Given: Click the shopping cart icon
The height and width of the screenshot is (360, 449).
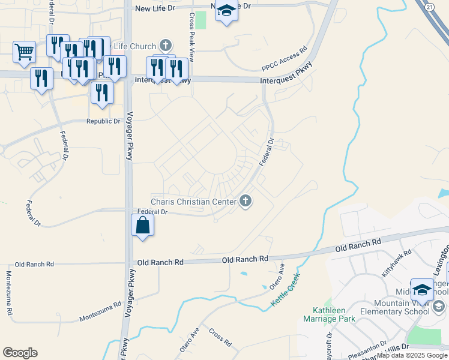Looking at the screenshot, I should tap(23, 52).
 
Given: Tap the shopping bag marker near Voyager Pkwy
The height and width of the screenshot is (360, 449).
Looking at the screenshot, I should tap(143, 226).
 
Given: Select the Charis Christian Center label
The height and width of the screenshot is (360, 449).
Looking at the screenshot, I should tap(193, 202).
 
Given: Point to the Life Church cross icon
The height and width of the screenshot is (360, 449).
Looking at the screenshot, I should tap(166, 46).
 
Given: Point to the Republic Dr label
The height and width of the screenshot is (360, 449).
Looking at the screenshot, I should tap(104, 121).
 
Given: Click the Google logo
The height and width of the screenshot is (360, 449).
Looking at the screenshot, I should tap(20, 353).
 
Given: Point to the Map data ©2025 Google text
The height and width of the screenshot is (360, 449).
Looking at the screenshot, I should tap(412, 356).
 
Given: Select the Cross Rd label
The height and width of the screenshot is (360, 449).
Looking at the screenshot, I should tap(220, 337).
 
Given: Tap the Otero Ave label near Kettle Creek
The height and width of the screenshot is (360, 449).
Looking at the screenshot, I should tap(277, 273).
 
